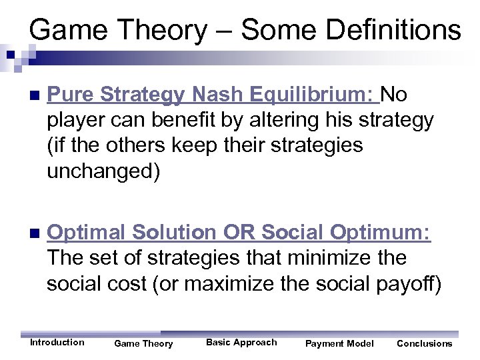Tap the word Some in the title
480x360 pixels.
coord(264,30)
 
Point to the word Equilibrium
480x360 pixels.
coord(312,95)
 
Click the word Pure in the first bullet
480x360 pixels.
coord(70,95)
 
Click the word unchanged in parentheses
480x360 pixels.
coord(99,171)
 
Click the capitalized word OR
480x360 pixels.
coord(239,233)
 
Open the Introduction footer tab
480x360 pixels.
coord(57,342)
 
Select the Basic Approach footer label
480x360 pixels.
coord(241,342)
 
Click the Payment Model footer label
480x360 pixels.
coord(339,343)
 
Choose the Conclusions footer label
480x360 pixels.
coord(424,343)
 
